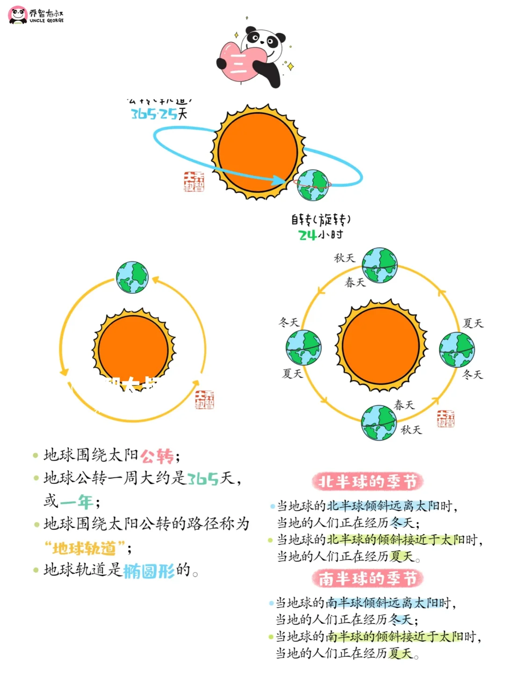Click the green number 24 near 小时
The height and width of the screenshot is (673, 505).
tap(307, 235)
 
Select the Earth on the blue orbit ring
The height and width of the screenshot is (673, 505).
tap(313, 185)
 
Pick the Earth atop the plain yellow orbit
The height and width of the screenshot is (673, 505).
tap(132, 278)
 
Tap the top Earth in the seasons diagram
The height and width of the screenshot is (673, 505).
tap(379, 265)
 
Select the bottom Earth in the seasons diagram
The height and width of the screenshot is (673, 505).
tap(379, 423)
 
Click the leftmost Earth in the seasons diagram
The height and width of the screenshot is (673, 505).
tap(303, 348)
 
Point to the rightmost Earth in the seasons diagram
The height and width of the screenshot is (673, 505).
tap(456, 349)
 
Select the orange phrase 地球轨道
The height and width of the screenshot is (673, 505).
tap(84, 548)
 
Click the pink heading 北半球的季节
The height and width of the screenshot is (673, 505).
tap(368, 482)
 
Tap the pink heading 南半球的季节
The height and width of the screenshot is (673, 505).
tap(368, 578)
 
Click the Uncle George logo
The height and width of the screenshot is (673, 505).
tap(36, 15)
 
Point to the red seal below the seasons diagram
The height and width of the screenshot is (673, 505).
tap(445, 418)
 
